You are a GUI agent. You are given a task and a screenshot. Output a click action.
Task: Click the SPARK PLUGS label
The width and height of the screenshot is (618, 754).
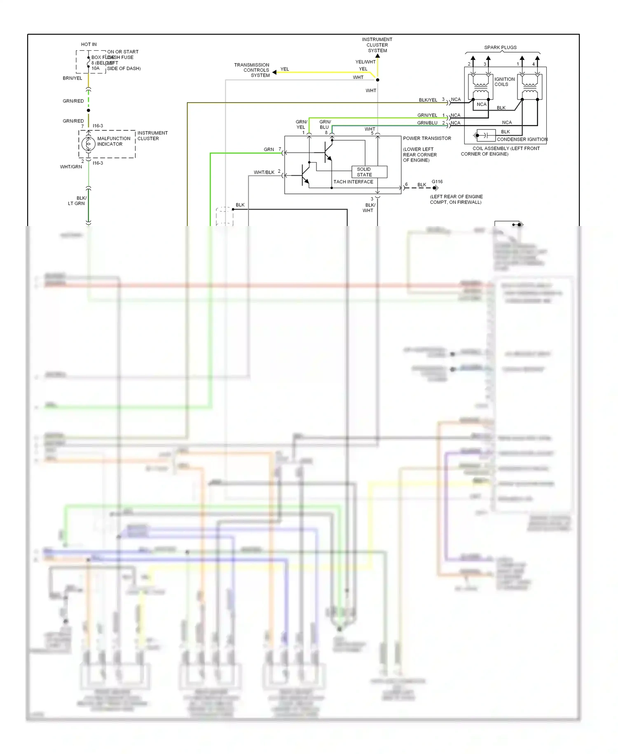pos(500,47)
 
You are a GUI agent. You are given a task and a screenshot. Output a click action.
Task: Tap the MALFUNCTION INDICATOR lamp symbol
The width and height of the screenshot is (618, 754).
pos(88,144)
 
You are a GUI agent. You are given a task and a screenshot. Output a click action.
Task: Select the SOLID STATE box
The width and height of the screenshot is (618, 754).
pos(369,172)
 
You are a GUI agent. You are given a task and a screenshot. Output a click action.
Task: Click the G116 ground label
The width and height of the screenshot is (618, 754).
pos(437,181)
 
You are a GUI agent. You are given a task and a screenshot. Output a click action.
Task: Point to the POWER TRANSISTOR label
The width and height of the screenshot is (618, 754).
pos(427,138)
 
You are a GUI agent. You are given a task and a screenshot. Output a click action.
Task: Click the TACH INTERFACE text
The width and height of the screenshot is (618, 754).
pos(353,181)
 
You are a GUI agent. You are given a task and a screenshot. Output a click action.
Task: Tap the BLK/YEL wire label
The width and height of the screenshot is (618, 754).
pos(428,100)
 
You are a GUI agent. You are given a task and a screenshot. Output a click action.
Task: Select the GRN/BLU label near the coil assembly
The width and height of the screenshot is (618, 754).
pos(427,123)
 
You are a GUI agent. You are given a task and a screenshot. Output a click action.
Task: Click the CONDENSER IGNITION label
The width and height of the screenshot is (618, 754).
pos(522,139)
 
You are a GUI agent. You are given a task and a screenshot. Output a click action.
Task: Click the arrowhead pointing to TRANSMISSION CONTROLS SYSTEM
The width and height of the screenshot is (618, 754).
pos(274,72)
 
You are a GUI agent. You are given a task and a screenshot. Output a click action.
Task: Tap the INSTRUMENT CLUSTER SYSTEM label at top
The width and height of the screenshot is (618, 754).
pos(377,45)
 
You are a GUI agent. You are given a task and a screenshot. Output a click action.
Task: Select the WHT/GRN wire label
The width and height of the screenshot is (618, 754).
pos(71,167)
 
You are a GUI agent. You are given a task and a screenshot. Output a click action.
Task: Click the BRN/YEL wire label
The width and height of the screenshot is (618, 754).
pos(73,78)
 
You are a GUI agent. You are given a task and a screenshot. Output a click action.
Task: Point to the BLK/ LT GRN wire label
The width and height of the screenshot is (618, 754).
pos(77,200)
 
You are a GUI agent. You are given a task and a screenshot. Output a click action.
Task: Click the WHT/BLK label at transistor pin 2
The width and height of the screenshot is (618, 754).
pos(264,172)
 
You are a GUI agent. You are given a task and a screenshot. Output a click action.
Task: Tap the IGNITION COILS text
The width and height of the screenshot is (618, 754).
pos(504,82)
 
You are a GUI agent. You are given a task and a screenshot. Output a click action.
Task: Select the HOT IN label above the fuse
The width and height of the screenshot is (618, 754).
pos(89,44)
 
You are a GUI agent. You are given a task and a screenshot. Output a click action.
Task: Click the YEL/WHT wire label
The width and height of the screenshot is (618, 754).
pos(365,62)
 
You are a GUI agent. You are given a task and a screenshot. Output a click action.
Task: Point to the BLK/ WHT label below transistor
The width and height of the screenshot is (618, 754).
pos(369,207)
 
